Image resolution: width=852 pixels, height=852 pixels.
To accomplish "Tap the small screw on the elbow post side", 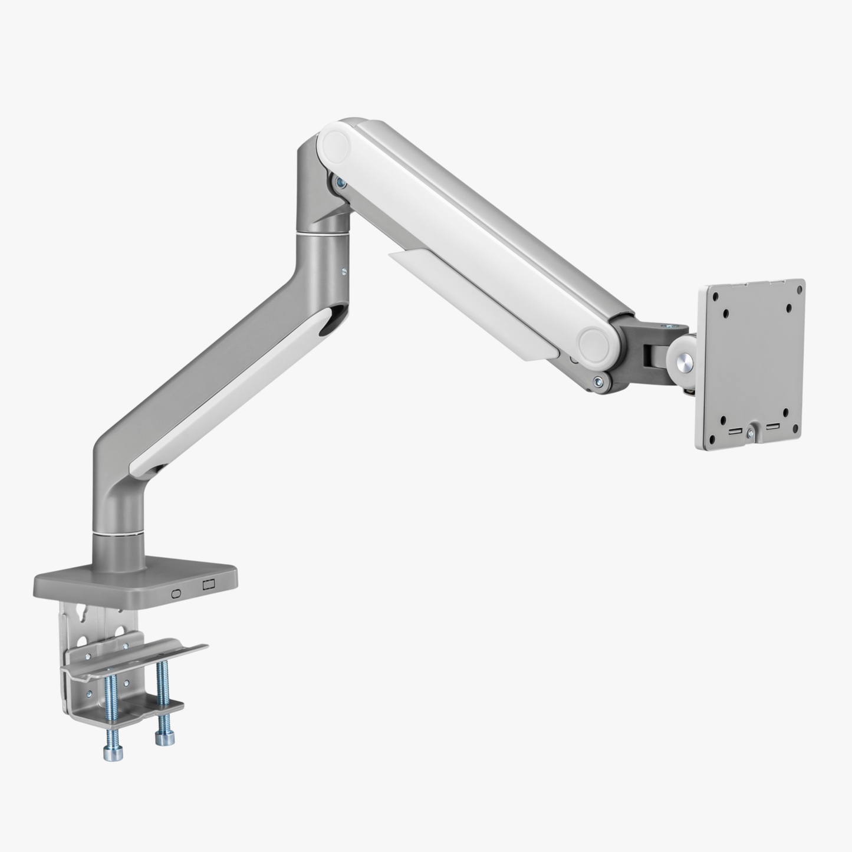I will click(343, 272).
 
